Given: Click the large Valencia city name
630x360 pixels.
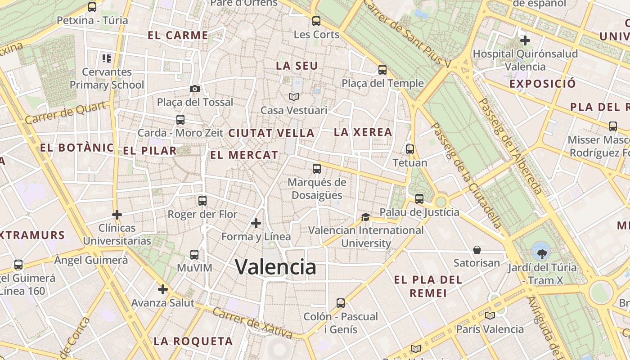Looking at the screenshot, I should coord(275,267).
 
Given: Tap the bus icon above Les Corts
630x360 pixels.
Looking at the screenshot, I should coord(316,21).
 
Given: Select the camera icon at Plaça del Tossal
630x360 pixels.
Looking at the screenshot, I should coord(194,89).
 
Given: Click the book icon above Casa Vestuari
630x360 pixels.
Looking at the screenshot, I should coord(294,97).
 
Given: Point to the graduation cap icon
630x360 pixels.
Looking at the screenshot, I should coord(365,217).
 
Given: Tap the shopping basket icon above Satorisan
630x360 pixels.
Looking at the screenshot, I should coord(477,249).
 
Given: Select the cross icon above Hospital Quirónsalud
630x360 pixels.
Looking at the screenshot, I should coord(525,40).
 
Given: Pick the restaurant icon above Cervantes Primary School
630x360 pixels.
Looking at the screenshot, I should coord(107,58).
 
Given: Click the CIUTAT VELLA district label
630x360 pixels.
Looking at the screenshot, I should coord(271,133).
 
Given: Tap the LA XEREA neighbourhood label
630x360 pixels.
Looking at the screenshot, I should coord(363,132).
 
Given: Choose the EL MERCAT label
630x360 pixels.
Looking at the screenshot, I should coord(244,155).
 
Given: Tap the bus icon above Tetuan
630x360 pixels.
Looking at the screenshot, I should coord(410,149).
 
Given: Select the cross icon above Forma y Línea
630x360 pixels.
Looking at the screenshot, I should coord(256,223).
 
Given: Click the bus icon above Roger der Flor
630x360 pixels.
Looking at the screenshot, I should coord(202,201).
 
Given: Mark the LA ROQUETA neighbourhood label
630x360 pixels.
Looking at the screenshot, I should coord(193,341).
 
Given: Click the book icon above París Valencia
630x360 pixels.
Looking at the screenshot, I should coord(490,315).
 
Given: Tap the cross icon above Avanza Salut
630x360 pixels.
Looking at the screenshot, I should coord(163,289).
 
